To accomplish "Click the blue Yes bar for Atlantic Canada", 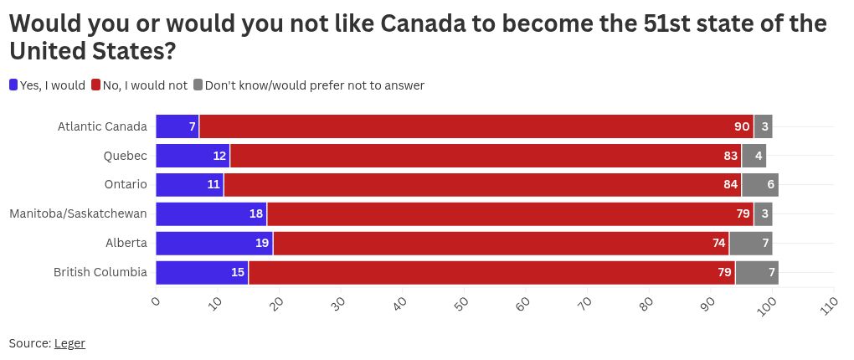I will pos(177,126).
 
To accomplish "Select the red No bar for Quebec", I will pos(486,156).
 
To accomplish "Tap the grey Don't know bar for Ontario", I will pos(760,185).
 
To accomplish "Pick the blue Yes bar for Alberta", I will pos(214,244).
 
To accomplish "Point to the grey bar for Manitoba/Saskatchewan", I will pos(763,214).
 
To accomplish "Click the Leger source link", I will pos(69,343).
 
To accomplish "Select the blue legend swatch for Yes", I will pos(13,85).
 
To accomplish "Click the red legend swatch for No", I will pos(96,85).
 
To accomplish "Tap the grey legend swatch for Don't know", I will pos(198,85).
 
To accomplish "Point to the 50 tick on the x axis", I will pos(462,302).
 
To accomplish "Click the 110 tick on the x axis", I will pos(830,304).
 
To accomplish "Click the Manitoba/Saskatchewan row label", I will pos(78,214).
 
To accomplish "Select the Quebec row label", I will pos(126,156).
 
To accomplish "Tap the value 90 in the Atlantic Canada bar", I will pos(742,126).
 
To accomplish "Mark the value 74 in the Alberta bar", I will pos(718,244).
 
